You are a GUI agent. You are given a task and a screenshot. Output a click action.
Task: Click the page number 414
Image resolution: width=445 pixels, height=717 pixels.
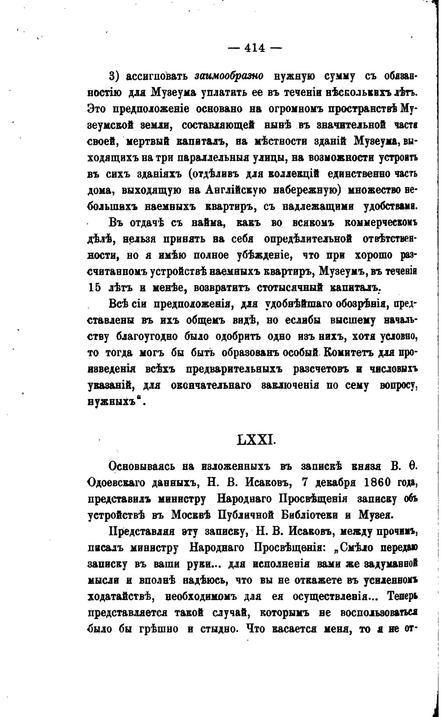point(255,48)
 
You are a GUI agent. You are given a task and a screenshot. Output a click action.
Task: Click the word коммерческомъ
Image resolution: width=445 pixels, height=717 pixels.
point(381,222)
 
